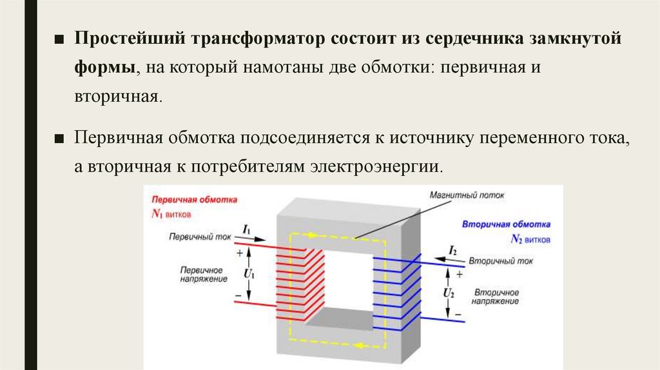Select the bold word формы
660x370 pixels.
(x=103, y=66)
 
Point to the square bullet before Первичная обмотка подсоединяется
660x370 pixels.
(x=59, y=138)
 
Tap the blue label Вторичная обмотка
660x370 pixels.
(x=506, y=225)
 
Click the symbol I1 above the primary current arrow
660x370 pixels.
(x=246, y=229)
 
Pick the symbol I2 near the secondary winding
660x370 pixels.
(x=452, y=251)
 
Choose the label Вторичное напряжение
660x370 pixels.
(x=495, y=297)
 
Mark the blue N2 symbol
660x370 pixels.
(x=516, y=239)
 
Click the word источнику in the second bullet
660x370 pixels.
(x=420, y=137)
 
